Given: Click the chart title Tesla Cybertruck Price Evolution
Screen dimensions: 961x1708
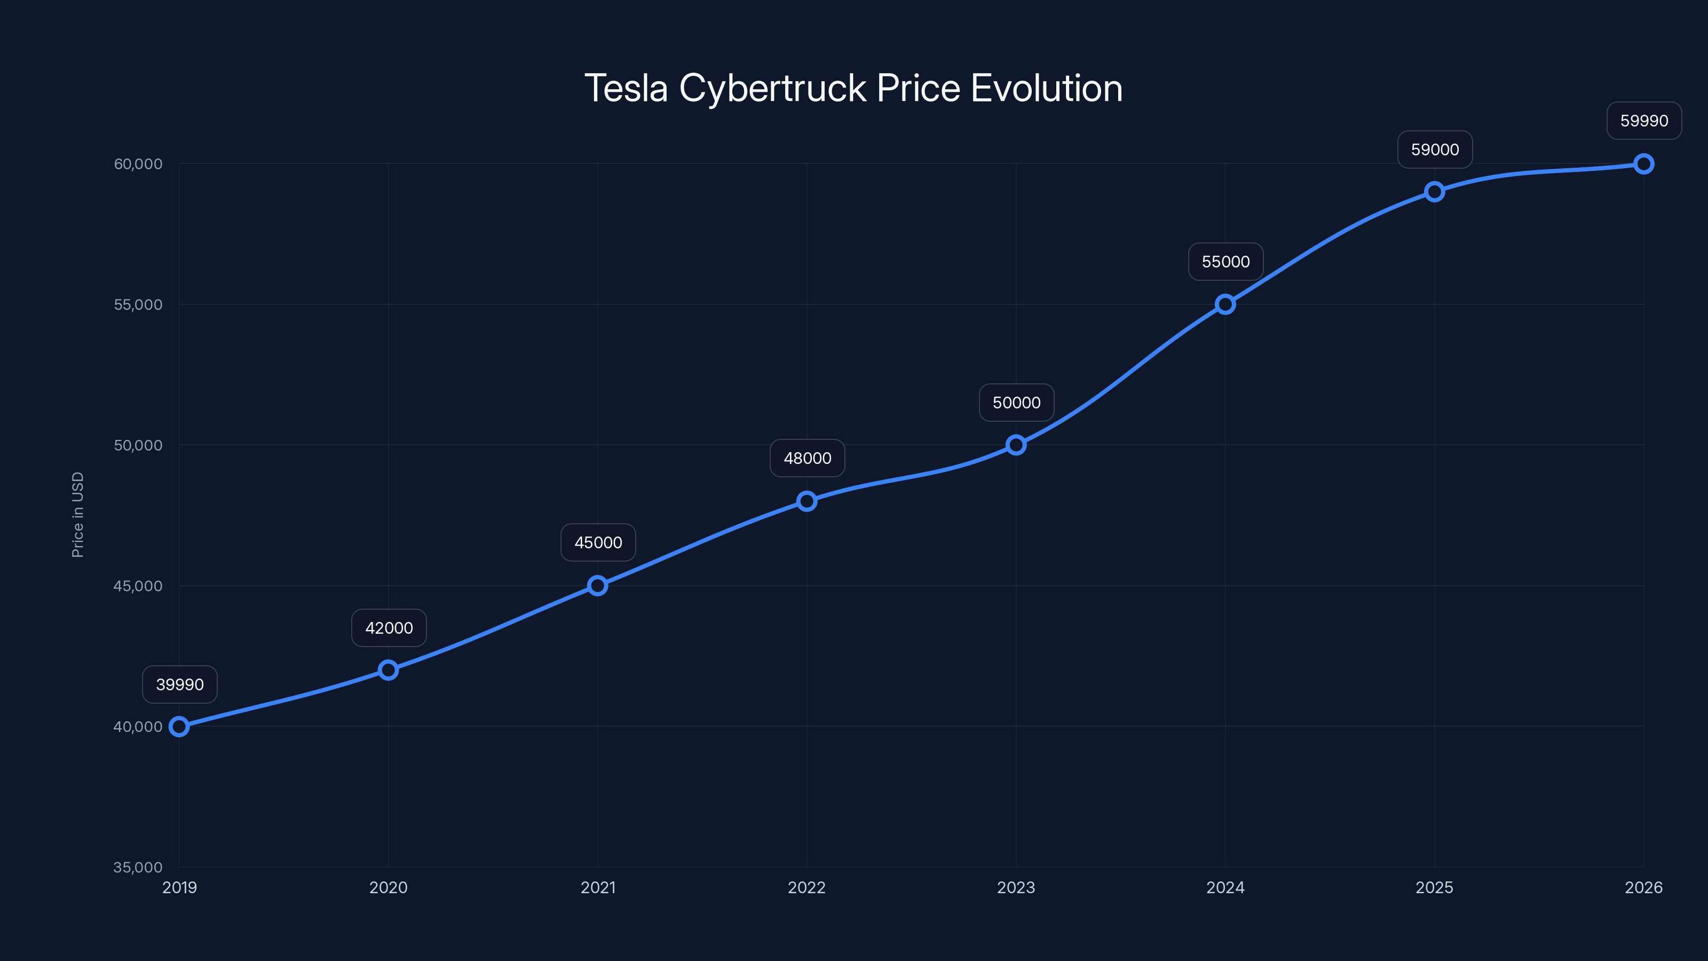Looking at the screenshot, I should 853,88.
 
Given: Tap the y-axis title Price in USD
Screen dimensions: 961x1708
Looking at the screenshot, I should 77,515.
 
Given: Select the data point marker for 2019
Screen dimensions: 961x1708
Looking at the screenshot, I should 179,726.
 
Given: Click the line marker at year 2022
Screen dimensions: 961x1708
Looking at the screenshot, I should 807,501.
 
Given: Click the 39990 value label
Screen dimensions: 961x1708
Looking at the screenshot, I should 180,684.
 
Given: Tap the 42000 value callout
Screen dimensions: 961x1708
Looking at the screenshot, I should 389,627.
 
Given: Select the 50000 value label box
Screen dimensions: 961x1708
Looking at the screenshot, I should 1016,403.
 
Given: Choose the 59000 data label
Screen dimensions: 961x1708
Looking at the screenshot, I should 1435,149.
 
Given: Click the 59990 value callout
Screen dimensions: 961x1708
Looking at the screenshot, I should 1644,121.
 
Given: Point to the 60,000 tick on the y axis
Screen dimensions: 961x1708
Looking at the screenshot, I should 138,164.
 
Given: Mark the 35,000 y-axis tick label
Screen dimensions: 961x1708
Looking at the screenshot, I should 138,867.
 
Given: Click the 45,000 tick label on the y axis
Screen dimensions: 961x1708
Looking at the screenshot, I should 138,586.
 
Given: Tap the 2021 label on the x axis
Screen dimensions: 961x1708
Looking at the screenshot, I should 598,887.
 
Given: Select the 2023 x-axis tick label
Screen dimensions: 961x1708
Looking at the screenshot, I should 1016,887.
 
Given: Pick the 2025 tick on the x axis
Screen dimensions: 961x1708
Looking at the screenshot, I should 1435,887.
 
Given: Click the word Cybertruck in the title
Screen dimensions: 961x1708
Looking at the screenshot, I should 772,88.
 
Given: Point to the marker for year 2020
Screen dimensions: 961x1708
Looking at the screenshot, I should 389,670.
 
